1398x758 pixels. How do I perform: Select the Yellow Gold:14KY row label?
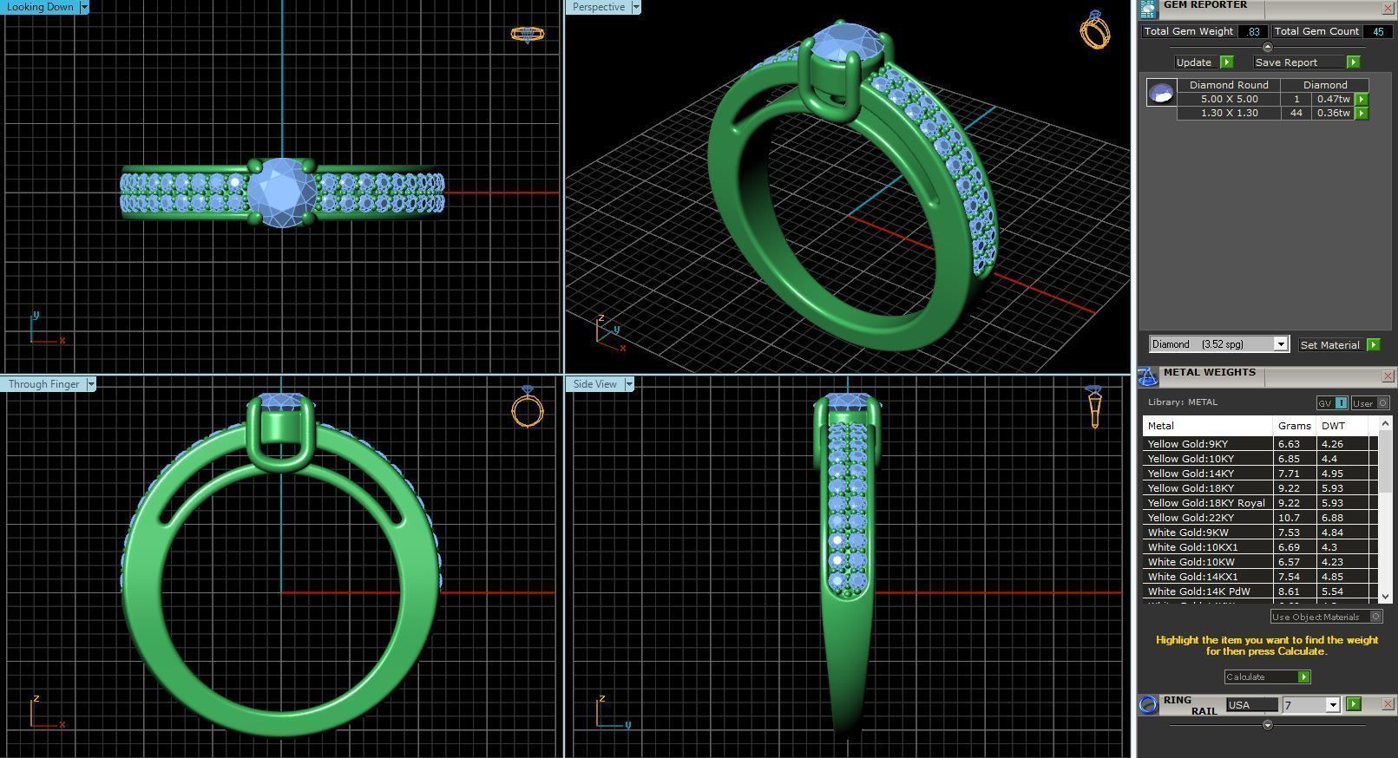click(1190, 474)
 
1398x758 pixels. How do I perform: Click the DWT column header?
click(1333, 426)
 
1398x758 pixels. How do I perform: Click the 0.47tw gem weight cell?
click(1333, 99)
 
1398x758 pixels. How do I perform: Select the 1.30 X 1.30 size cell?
click(1229, 113)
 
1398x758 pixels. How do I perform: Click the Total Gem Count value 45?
click(1377, 31)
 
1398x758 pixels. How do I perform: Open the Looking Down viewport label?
click(41, 7)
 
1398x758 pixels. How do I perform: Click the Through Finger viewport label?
click(44, 384)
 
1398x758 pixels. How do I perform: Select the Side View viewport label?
click(595, 384)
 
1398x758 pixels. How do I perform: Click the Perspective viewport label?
click(599, 7)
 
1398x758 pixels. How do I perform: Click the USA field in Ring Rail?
click(1250, 705)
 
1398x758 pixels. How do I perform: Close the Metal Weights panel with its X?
click(1387, 376)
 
